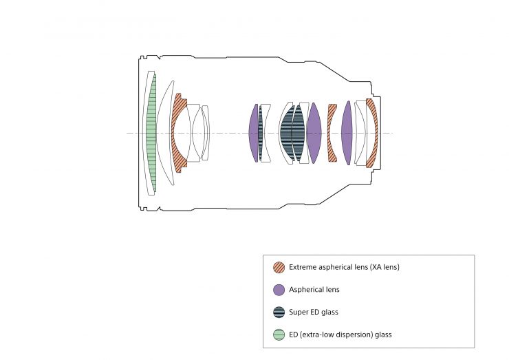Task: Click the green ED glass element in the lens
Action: pyautogui.click(x=151, y=133)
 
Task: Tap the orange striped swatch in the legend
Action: pyautogui.click(x=279, y=267)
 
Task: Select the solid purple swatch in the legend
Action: pyautogui.click(x=279, y=290)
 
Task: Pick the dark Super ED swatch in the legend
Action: pyautogui.click(x=279, y=312)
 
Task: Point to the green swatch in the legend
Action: pyautogui.click(x=279, y=335)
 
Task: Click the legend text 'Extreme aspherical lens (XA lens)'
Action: pyautogui.click(x=344, y=267)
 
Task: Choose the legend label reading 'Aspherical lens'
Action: pyautogui.click(x=314, y=290)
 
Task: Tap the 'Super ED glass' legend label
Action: pyautogui.click(x=314, y=312)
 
